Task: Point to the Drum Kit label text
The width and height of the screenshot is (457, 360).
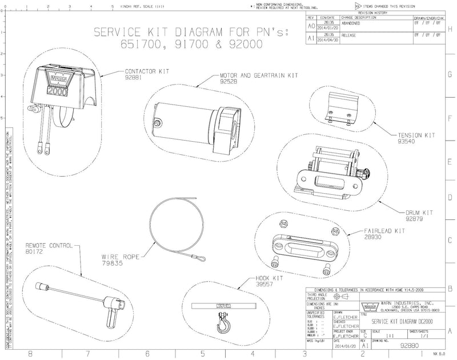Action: (419, 212)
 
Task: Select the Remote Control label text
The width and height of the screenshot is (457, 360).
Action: (49, 245)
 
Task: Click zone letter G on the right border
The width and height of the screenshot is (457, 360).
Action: (451, 74)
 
